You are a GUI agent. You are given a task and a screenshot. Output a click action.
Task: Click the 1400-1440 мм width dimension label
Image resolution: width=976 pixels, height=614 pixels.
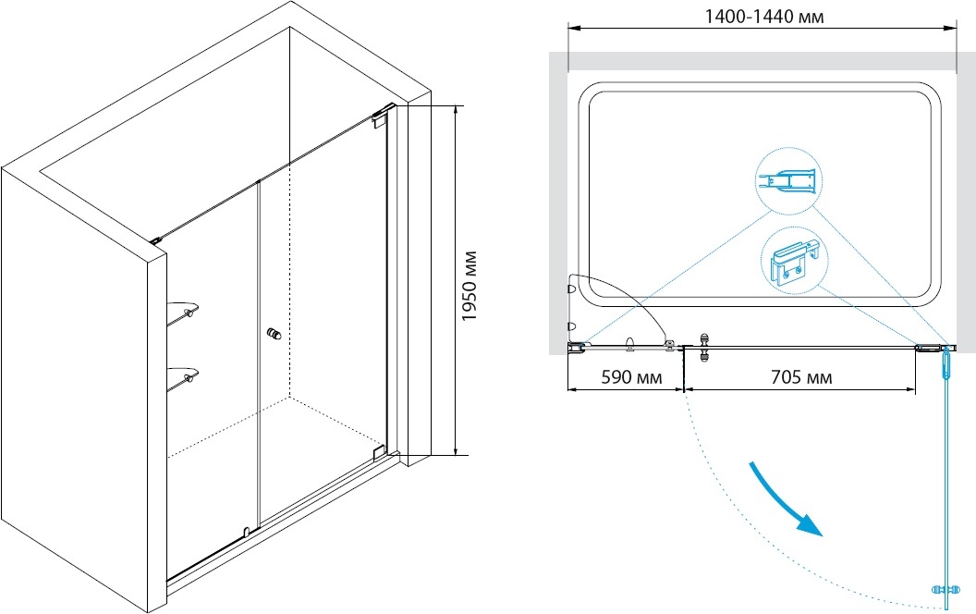(x=763, y=17)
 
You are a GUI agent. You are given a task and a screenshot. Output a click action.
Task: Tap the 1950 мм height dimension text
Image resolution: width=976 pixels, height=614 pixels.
(x=470, y=286)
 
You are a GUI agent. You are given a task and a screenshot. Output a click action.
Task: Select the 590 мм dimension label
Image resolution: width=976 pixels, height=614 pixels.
(x=632, y=377)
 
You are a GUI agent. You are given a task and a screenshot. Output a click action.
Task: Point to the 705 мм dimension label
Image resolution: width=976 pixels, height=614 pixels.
(x=801, y=377)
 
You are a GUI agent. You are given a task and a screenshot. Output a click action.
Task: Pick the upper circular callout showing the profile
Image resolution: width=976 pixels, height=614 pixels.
(x=788, y=180)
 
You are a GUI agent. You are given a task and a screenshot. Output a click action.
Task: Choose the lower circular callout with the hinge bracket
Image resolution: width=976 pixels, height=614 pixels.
(x=795, y=261)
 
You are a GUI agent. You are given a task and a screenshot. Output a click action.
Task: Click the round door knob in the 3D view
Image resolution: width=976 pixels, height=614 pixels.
(x=274, y=334)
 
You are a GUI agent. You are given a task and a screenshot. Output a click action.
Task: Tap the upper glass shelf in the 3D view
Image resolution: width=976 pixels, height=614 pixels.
(x=183, y=311)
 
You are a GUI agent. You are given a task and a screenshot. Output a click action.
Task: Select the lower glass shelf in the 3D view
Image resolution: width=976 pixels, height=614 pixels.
(x=183, y=377)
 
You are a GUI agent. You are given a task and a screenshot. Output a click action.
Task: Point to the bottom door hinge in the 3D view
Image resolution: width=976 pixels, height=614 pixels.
(x=378, y=451)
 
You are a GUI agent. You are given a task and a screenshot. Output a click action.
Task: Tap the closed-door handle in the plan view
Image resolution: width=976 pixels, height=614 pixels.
(x=704, y=347)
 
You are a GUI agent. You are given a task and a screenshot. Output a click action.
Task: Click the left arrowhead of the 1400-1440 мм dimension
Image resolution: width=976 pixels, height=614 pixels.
(x=574, y=29)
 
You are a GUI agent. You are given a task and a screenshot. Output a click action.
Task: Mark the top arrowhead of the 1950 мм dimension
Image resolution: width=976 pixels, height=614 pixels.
(x=457, y=112)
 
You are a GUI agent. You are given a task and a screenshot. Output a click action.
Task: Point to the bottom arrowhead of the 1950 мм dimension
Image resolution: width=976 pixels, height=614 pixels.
(x=457, y=448)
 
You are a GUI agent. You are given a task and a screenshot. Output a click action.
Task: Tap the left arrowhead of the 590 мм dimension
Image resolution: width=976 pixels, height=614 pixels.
(x=574, y=390)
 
